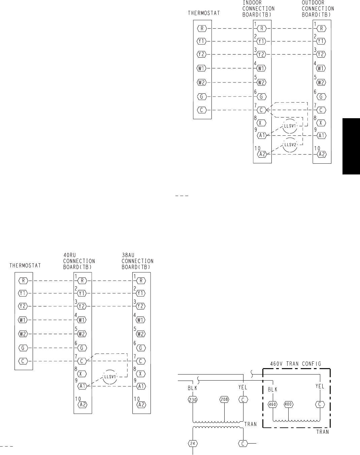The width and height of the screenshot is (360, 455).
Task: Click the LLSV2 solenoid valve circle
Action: (x=289, y=145)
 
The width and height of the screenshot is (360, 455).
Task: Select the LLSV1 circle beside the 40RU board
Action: (x=109, y=377)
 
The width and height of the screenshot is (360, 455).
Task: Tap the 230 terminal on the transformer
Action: (x=193, y=400)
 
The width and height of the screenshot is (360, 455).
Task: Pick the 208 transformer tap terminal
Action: (x=224, y=400)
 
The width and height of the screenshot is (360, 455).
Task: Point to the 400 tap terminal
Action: (x=289, y=404)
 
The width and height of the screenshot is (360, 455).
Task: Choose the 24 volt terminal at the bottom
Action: (x=193, y=443)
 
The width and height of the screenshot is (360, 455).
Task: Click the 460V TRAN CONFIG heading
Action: (x=296, y=364)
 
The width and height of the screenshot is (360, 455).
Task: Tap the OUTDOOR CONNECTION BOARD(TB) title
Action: (x=318, y=9)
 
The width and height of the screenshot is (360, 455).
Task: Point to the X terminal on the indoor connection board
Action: (x=262, y=123)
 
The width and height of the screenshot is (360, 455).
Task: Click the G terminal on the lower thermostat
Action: (x=23, y=348)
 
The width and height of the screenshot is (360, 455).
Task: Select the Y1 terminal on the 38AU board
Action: (x=141, y=293)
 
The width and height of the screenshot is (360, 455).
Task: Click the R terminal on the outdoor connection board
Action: (x=322, y=29)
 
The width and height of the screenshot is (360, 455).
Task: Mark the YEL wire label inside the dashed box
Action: (x=320, y=387)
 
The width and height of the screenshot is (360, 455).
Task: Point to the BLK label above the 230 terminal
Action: (x=192, y=388)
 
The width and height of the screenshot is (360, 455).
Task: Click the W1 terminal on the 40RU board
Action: (x=82, y=320)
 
